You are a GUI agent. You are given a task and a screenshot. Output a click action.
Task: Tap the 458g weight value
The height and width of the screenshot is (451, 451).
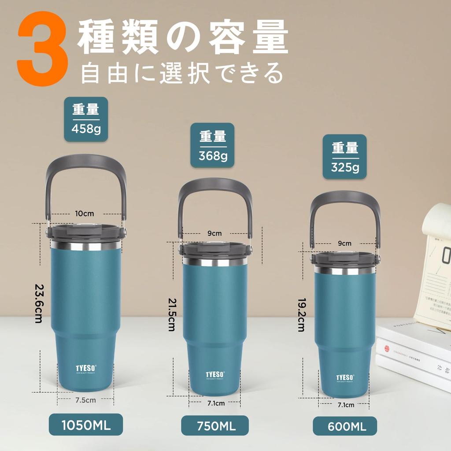86,129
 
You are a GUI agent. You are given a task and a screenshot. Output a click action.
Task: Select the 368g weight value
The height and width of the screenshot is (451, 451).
213,155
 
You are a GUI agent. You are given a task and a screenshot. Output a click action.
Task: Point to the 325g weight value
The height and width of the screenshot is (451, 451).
345,167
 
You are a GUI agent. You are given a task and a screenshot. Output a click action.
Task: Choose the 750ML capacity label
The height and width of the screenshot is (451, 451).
214,426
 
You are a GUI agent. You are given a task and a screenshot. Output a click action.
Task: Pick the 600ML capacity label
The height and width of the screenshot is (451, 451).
345,426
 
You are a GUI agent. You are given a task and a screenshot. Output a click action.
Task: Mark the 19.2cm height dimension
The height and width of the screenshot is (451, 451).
301,314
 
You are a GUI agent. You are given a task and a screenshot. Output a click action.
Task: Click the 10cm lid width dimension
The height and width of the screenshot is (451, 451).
84,214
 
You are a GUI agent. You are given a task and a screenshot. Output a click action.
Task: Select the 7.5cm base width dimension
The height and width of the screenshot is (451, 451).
85,400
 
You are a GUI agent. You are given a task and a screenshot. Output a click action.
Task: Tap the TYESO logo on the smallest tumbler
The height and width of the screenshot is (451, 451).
345,377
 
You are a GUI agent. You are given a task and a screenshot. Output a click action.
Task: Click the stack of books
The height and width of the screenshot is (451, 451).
414,352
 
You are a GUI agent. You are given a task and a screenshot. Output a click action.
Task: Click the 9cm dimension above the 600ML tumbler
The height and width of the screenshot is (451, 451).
344,243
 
